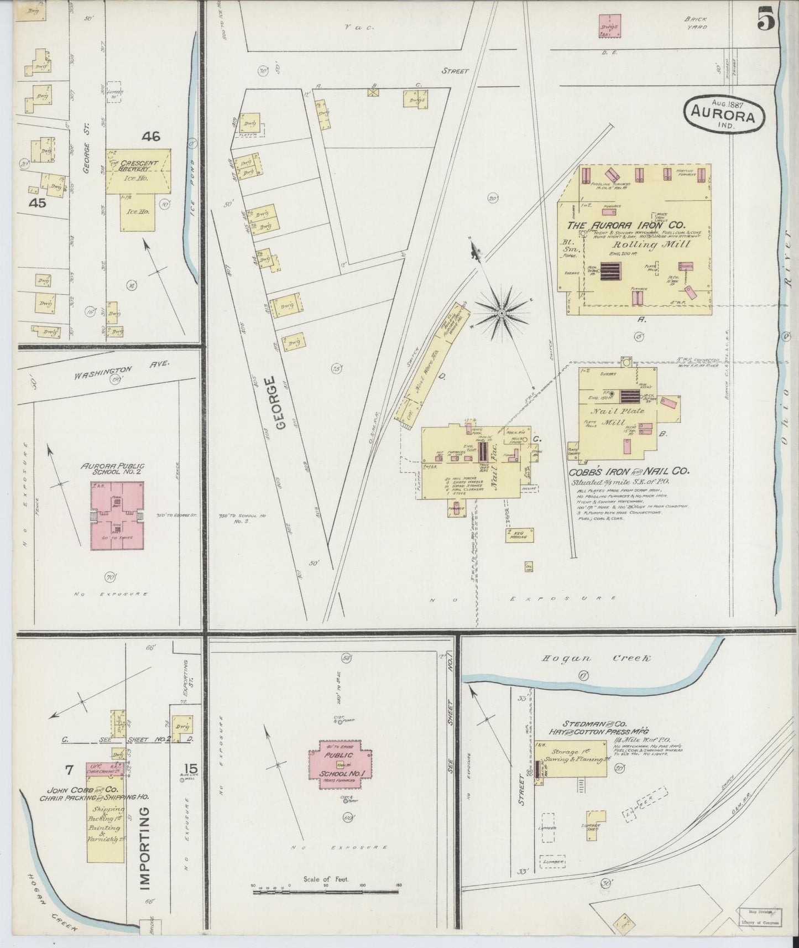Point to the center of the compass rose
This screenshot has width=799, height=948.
pos(501,314)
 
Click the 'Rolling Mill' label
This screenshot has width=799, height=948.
pos(645,244)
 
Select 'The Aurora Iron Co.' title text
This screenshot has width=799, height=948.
pos(625,226)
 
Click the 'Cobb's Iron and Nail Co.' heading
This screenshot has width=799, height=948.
pos(629,472)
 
